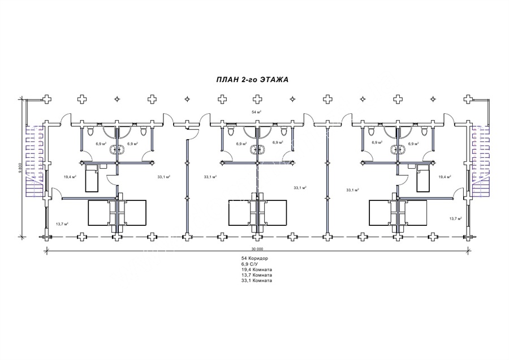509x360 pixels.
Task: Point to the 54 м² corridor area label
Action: point(256,112)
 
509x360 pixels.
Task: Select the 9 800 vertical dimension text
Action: point(20,168)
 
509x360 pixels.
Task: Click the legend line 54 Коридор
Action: point(255,258)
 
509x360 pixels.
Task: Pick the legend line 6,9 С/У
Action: point(249,264)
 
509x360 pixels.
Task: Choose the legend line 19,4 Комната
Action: point(256,269)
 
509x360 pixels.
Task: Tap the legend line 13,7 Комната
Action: point(256,275)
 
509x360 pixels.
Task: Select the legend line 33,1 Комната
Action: point(256,280)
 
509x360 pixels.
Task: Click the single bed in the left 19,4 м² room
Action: point(92,178)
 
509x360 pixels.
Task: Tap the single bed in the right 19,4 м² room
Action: point(424,178)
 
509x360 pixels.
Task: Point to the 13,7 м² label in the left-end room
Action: point(62,224)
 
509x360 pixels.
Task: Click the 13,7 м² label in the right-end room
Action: point(455,218)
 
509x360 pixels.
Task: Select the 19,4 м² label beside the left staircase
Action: point(70,177)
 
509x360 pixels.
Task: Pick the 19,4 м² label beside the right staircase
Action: point(445,177)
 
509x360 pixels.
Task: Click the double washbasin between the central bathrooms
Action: point(257,149)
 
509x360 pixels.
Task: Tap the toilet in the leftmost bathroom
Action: point(90,131)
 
